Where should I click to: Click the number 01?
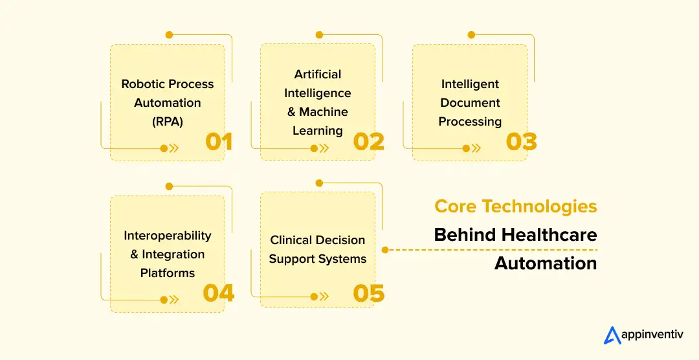click(219, 141)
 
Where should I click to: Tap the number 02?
click(369, 141)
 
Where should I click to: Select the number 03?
click(522, 141)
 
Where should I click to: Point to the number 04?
click(219, 293)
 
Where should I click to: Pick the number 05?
click(369, 293)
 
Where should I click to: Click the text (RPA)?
click(168, 121)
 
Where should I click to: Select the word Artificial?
click(317, 74)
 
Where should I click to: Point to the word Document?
click(470, 103)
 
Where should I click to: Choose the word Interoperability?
click(168, 236)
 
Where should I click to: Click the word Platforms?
click(168, 273)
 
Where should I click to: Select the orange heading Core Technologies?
click(515, 207)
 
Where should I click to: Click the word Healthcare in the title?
click(549, 234)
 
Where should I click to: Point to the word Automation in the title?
click(546, 264)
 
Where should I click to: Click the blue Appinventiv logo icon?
click(612, 335)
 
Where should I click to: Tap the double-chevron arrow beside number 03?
click(476, 148)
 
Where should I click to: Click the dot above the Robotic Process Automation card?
click(169, 34)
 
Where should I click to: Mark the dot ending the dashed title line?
click(385, 249)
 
